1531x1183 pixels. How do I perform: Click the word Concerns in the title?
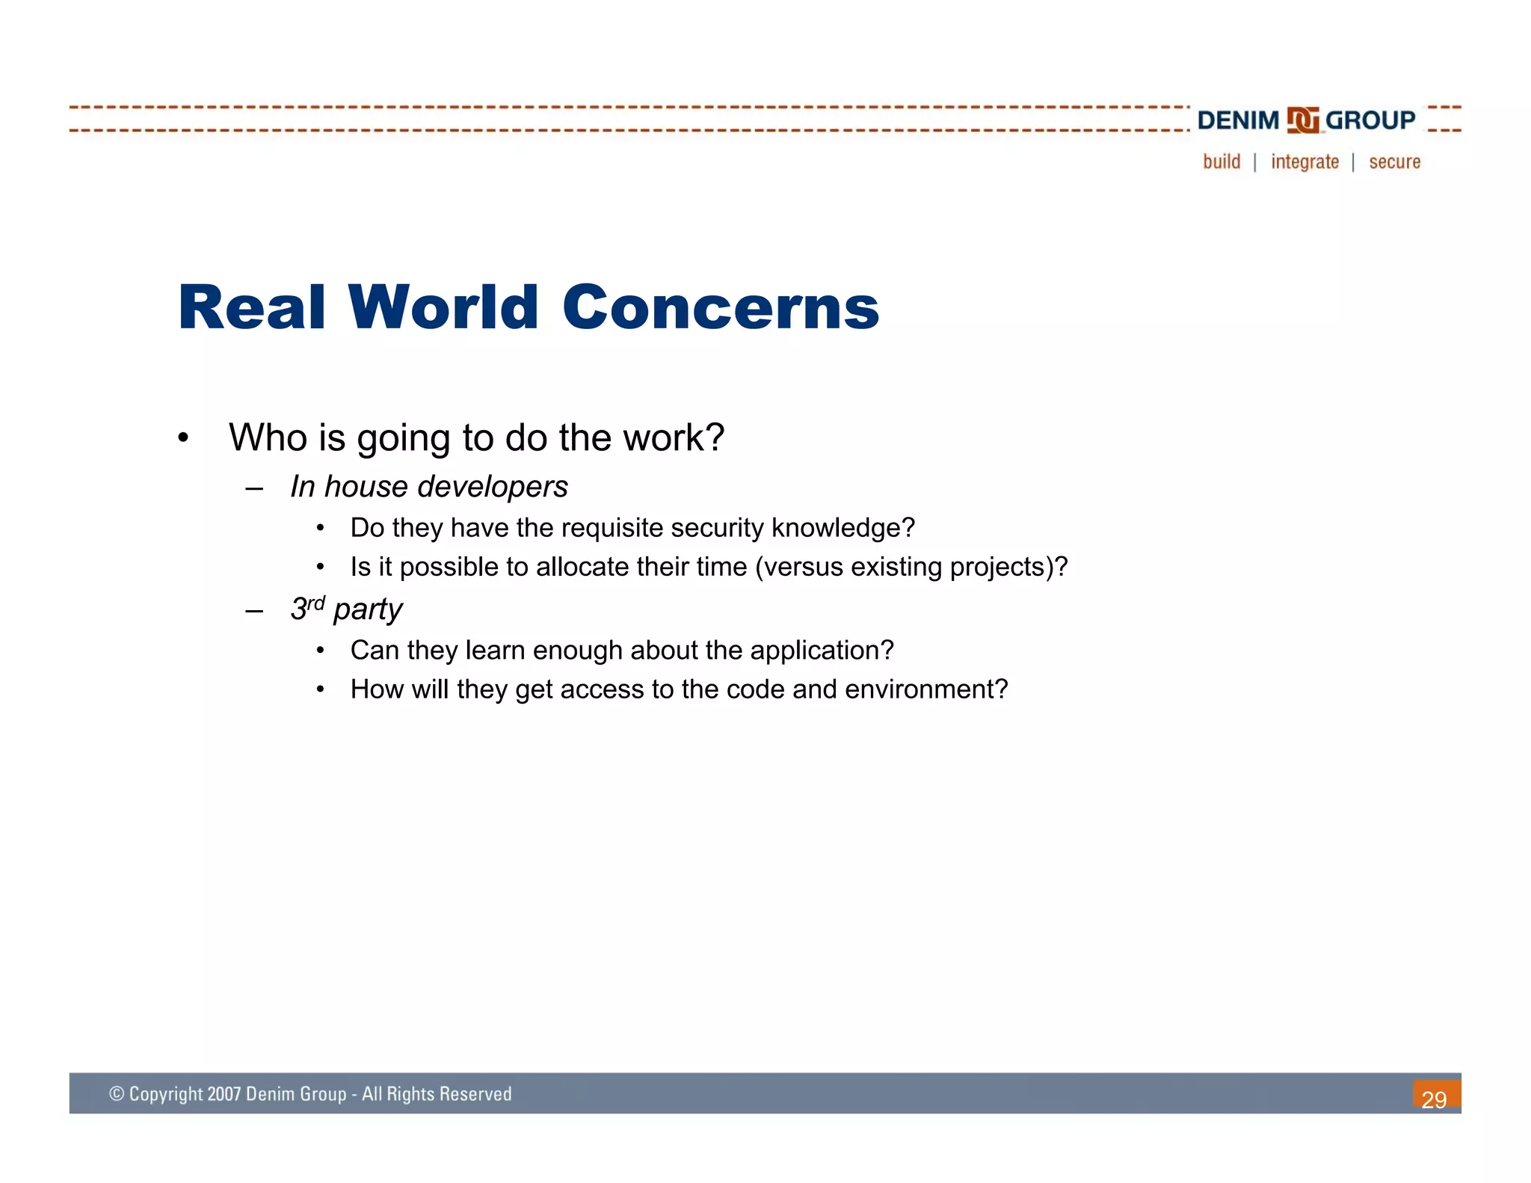pyautogui.click(x=720, y=308)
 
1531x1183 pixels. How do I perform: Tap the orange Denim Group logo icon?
pyautogui.click(x=1302, y=120)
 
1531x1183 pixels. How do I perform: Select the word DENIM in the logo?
pyautogui.click(x=1238, y=120)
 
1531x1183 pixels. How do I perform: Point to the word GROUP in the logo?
pyautogui.click(x=1370, y=120)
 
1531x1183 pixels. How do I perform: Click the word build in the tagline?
pyautogui.click(x=1222, y=162)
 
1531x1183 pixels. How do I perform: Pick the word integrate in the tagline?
pyautogui.click(x=1304, y=162)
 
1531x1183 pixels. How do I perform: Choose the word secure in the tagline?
pyautogui.click(x=1394, y=162)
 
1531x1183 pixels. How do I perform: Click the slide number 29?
pyautogui.click(x=1434, y=1099)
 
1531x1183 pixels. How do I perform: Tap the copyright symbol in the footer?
pyautogui.click(x=116, y=1094)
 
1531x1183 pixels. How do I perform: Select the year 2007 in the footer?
pyautogui.click(x=224, y=1094)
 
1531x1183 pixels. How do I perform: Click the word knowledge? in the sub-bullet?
pyautogui.click(x=842, y=528)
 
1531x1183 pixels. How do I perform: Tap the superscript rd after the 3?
pyautogui.click(x=316, y=602)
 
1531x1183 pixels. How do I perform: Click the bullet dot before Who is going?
pyautogui.click(x=183, y=438)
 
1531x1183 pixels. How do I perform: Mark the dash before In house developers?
pyautogui.click(x=254, y=488)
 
